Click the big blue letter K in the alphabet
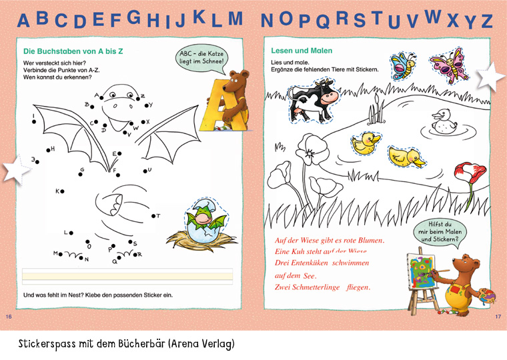199,17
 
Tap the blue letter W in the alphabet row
433,17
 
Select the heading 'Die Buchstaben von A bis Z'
73,51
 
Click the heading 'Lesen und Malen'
302,51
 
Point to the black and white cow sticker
312,101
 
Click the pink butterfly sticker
449,65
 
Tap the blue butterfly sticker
403,66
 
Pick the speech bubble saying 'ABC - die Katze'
201,59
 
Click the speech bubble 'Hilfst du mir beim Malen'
440,232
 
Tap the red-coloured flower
470,175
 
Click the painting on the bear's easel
421,271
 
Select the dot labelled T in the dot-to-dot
153,216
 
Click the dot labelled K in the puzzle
62,191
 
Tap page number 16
9,317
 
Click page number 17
498,317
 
